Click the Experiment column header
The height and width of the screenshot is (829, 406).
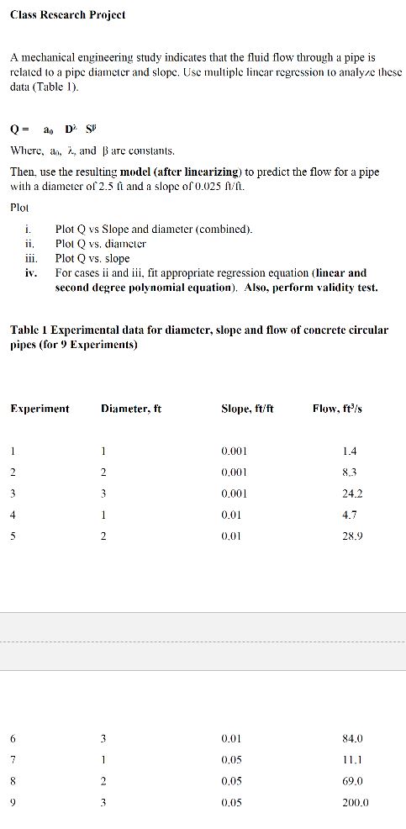pos(40,409)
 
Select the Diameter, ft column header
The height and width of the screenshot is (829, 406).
pos(130,409)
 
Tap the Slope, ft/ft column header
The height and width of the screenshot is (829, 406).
pos(246,409)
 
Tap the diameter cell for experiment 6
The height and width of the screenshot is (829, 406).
pos(102,739)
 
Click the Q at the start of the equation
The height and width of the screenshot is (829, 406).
pos(14,129)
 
